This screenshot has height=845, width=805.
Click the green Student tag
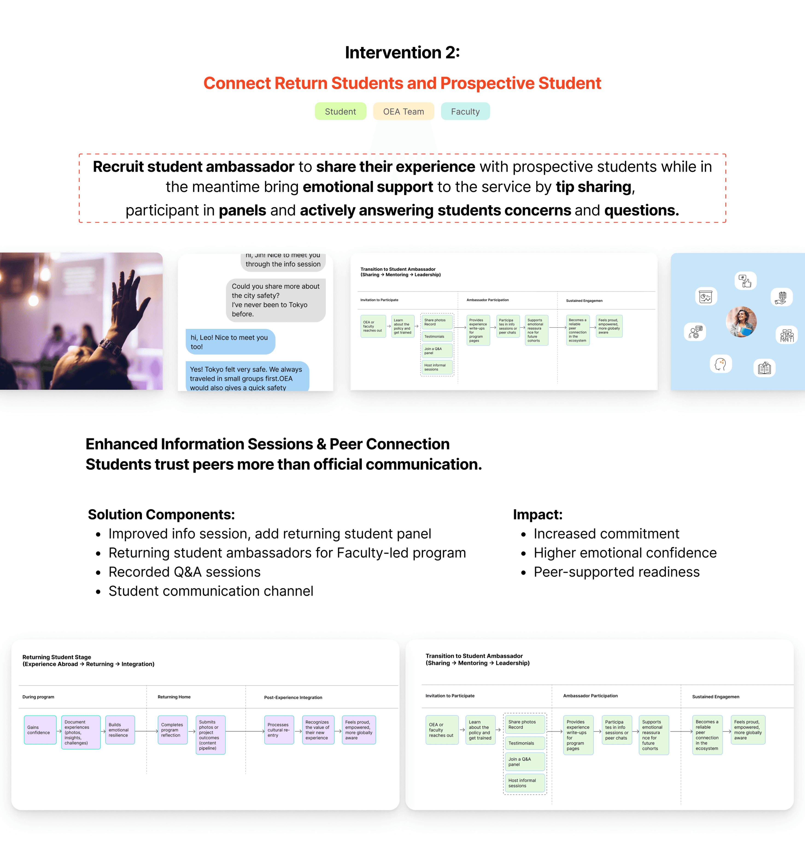[x=340, y=112]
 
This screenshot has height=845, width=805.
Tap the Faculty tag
[x=465, y=112]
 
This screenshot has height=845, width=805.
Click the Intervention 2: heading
[x=402, y=52]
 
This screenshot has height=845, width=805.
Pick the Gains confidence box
[x=40, y=730]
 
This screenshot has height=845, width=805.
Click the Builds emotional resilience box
[x=120, y=730]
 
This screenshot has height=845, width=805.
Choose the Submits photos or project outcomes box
[x=210, y=735]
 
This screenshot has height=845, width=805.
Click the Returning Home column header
[x=174, y=697]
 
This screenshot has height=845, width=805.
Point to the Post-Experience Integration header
[x=293, y=697]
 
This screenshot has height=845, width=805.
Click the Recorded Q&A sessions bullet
[x=184, y=572]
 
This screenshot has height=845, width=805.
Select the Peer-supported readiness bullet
[x=616, y=572]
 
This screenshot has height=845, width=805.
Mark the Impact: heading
[x=538, y=514]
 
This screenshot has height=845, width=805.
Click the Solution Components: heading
[x=161, y=514]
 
